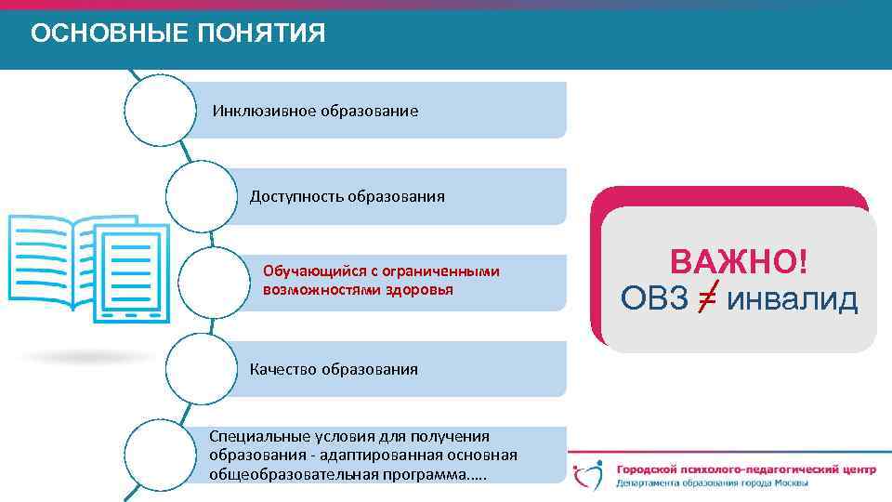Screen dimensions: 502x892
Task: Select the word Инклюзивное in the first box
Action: (x=265, y=111)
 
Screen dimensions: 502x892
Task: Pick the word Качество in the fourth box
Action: (x=283, y=369)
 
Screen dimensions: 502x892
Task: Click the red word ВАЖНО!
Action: (x=739, y=262)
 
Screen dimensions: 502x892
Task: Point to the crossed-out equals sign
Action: (x=707, y=299)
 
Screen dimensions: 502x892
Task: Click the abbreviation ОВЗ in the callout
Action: (x=654, y=299)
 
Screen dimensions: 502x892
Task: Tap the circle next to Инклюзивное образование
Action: (x=160, y=110)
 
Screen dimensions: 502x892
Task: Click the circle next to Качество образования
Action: (x=201, y=369)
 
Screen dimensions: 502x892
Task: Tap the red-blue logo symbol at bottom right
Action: (x=591, y=473)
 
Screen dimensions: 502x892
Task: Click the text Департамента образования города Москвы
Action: (x=712, y=483)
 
